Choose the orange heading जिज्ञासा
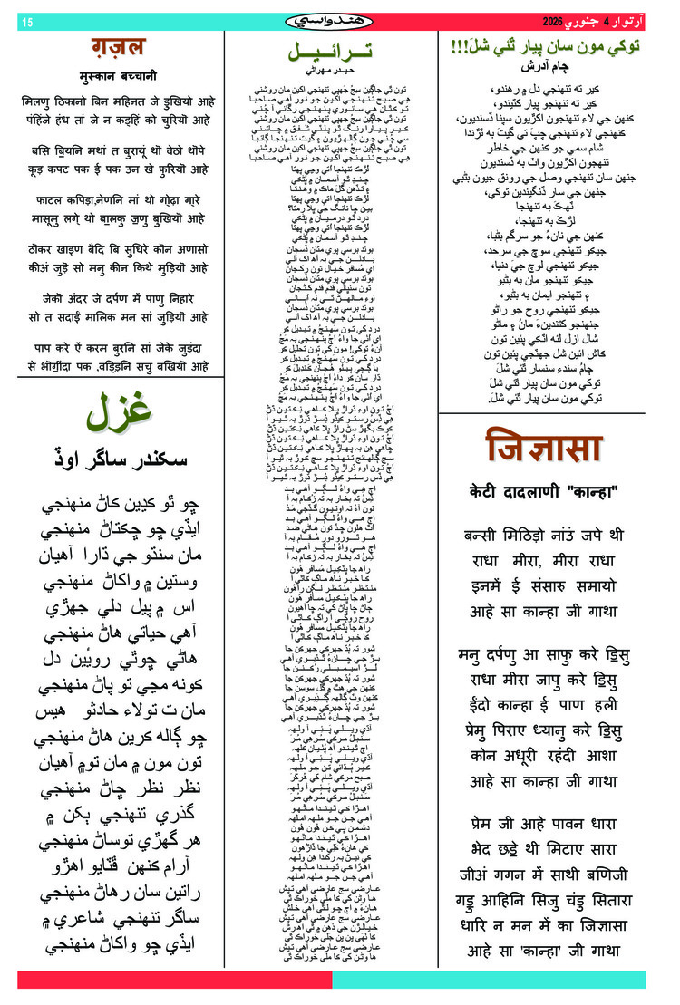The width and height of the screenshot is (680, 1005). pyautogui.click(x=544, y=449)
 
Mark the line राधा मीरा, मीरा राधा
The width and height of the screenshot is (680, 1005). pyautogui.click(x=544, y=560)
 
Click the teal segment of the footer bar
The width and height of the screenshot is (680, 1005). pyautogui.click(x=490, y=980)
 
